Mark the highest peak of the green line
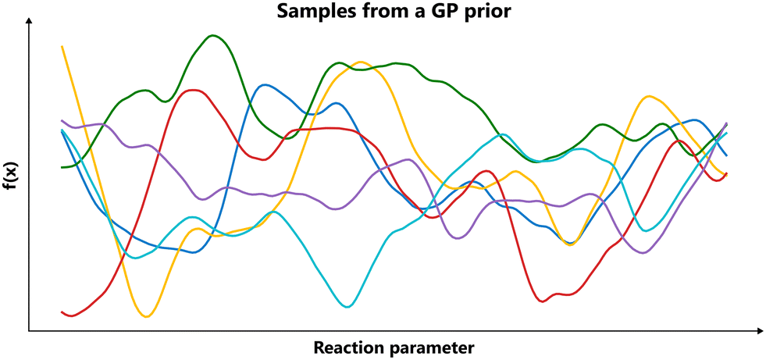click(212, 35)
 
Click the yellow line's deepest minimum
click(146, 316)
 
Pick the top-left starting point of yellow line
click(62, 47)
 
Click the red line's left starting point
click(62, 312)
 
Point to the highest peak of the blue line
click(266, 84)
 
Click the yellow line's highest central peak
click(360, 62)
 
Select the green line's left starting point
click(62, 167)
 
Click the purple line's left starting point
click(62, 120)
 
